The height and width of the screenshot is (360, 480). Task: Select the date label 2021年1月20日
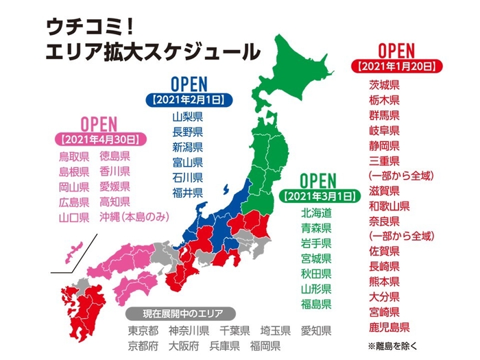point(396,67)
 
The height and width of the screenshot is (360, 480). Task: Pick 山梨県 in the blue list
point(187,117)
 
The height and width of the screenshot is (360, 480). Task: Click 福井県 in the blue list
point(187,192)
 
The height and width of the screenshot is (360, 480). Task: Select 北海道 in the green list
point(316,213)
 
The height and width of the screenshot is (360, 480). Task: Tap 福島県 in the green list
point(316,304)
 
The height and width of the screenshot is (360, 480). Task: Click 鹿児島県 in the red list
point(389,326)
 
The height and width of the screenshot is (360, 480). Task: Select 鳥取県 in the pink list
point(73,156)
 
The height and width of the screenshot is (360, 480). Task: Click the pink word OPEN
point(99,123)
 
